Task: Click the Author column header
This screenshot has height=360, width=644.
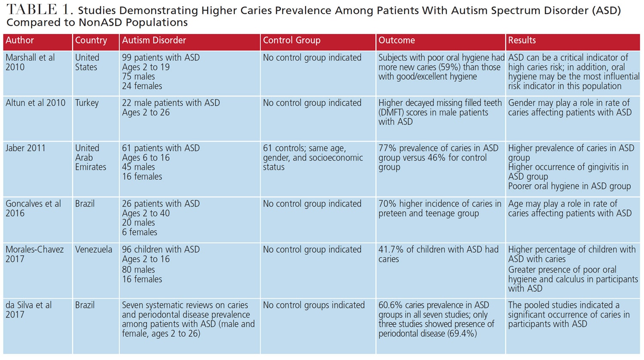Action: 20,40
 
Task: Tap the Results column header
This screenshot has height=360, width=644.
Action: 522,40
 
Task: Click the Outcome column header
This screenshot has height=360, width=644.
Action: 396,40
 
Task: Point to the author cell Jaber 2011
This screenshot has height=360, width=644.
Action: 25,148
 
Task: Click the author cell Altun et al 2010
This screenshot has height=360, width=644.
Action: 35,103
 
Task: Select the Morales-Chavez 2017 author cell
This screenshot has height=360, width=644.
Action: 34,254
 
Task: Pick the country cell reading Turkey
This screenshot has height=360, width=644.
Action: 87,103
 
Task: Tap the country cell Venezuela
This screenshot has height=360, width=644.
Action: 94,249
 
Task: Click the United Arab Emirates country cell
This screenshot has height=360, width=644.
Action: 91,157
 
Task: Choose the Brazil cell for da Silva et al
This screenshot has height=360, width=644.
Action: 85,305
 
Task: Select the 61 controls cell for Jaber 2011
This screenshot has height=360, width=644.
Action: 313,157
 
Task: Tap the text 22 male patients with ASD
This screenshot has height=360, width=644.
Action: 171,103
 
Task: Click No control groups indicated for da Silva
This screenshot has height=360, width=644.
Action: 313,305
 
